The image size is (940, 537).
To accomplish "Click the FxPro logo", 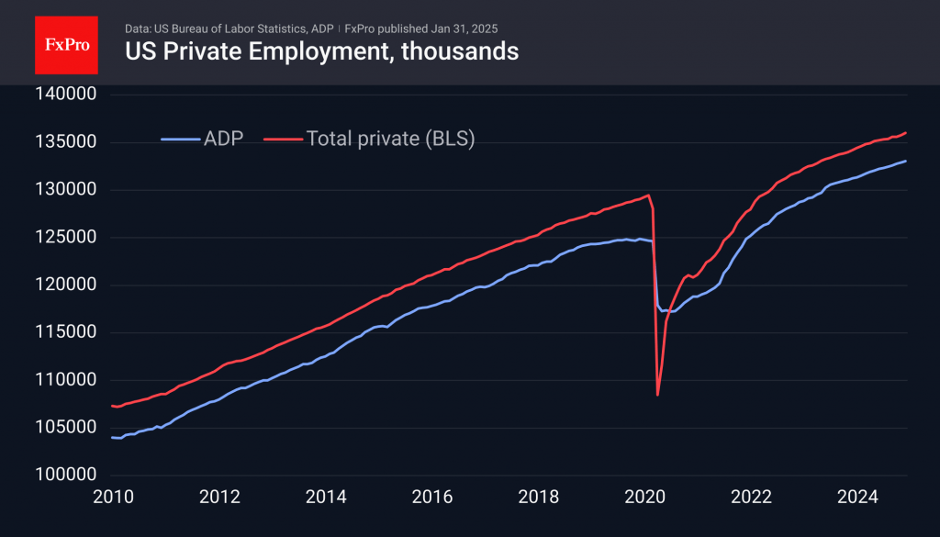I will (66, 43).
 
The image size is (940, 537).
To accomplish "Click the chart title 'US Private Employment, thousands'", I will (321, 51).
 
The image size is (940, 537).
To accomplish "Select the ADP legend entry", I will (203, 139).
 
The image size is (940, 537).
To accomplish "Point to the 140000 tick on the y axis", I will (65, 95).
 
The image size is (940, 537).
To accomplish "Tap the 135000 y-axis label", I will (65, 142).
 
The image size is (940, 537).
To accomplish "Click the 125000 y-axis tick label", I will (65, 237).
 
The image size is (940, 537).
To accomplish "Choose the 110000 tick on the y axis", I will (65, 380).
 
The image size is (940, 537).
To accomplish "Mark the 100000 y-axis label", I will (65, 475).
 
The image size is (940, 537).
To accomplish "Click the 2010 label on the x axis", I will (112, 498).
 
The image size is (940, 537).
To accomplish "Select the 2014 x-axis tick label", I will (325, 498).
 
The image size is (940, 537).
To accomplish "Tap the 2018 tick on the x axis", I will (539, 498).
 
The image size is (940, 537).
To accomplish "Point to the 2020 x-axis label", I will (645, 498).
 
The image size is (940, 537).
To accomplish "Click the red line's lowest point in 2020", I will (658, 395).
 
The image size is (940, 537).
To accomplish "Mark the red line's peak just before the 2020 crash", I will (648, 195).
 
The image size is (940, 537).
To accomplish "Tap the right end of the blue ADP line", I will (907, 162).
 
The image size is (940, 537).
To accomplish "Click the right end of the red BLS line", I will (907, 133).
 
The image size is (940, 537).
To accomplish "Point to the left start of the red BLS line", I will (112, 406).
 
